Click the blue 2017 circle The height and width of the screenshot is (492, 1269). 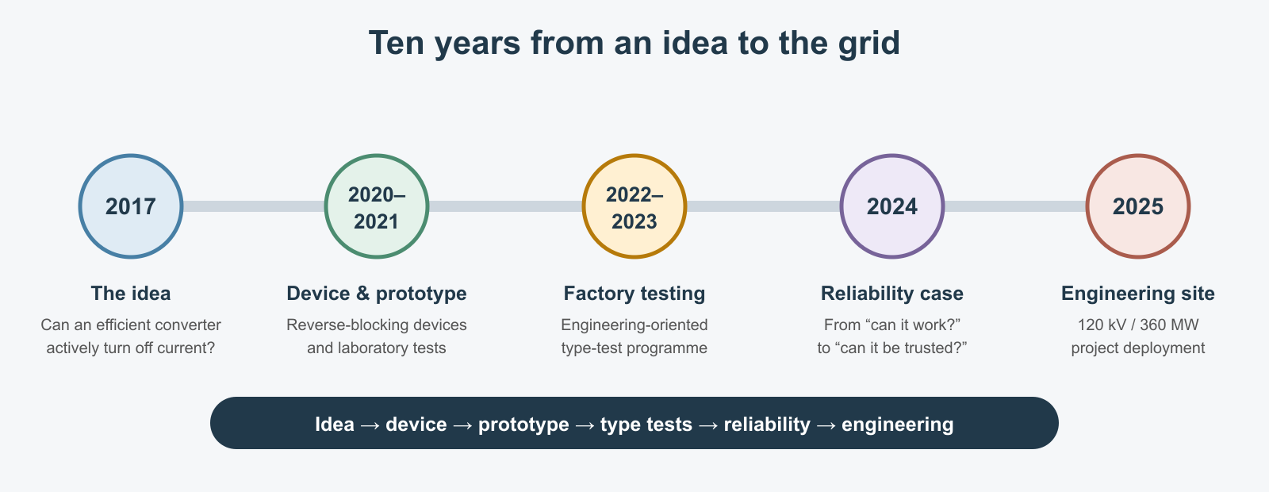click(131, 206)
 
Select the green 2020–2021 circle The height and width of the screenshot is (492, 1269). click(377, 206)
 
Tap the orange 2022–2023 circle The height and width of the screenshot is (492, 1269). click(634, 206)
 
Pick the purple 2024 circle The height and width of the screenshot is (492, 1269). click(892, 206)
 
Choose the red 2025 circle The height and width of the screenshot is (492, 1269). click(1138, 206)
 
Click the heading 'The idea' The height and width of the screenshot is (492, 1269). click(131, 294)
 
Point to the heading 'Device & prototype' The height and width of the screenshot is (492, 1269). click(377, 294)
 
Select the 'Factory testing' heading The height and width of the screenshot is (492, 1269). click(634, 294)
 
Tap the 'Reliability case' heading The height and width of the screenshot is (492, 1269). click(892, 294)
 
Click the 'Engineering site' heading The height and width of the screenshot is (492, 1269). click(1138, 294)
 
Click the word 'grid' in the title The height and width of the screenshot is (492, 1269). click(869, 44)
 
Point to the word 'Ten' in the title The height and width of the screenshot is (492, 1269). click(397, 43)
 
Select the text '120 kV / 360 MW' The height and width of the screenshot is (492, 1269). click(1138, 325)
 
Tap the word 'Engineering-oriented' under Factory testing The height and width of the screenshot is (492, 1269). click(634, 325)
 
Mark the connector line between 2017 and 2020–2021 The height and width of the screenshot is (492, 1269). click(254, 206)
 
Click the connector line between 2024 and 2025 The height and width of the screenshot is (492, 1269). click(1015, 206)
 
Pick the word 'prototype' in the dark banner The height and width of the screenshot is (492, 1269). click(523, 425)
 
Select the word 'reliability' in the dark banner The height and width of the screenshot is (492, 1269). click(767, 425)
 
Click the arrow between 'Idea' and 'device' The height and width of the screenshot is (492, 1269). click(370, 425)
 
